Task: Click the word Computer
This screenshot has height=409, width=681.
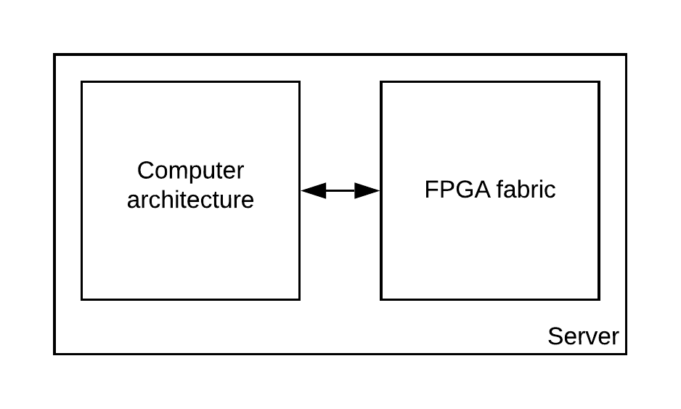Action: tap(190, 171)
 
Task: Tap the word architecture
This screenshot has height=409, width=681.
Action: tap(190, 200)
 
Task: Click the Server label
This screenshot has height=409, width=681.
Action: tap(583, 336)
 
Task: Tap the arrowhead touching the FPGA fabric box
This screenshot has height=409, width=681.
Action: tap(368, 191)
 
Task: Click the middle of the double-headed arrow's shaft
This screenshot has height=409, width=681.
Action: tap(340, 191)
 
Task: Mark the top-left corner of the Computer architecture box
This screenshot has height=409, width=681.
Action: tap(82, 82)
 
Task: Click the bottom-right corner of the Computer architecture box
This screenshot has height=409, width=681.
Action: tap(299, 299)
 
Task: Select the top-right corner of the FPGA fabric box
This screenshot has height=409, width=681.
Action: tap(599, 82)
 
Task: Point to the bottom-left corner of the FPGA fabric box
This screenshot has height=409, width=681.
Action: tap(381, 299)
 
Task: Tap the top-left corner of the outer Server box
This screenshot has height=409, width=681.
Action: tap(55, 55)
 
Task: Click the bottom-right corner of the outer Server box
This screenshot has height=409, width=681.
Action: tap(625, 353)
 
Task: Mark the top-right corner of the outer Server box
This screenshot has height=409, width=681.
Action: tap(625, 55)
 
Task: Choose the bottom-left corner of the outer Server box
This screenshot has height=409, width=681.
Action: tap(55, 353)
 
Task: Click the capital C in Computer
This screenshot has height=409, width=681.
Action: tap(146, 171)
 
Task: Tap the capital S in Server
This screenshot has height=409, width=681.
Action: tap(555, 336)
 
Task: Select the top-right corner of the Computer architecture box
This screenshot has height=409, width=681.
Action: tap(299, 82)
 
